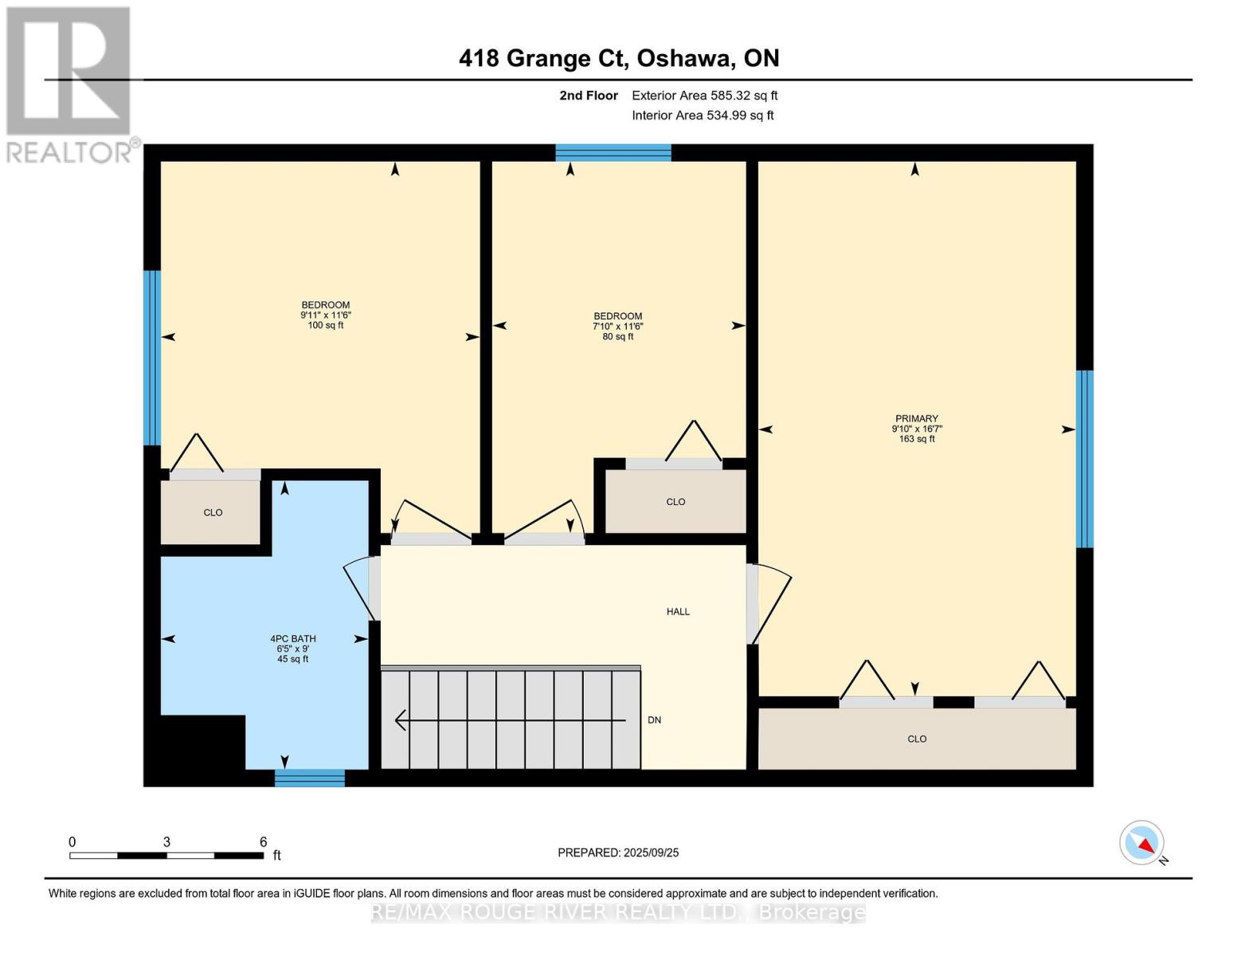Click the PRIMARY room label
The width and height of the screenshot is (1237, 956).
click(x=916, y=418)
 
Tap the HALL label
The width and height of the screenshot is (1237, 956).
click(x=678, y=612)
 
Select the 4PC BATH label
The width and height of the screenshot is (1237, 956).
click(x=293, y=639)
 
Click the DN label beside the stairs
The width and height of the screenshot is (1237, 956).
click(x=654, y=720)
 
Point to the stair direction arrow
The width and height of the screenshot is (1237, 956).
click(x=511, y=720)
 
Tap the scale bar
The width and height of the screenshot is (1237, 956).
click(x=166, y=856)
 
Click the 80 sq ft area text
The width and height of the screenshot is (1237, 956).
click(x=617, y=336)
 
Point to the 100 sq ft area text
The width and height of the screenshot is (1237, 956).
click(x=326, y=325)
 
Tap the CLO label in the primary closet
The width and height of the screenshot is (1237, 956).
click(x=917, y=739)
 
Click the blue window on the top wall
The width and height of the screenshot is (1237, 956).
click(x=613, y=153)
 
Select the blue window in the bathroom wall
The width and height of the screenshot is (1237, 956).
click(x=310, y=778)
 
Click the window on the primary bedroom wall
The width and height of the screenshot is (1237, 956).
click(x=1084, y=459)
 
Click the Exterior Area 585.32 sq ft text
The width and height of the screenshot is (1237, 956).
click(x=705, y=96)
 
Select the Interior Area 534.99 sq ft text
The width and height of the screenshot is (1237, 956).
click(x=703, y=116)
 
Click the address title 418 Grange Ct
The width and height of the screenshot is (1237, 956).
click(x=544, y=59)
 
